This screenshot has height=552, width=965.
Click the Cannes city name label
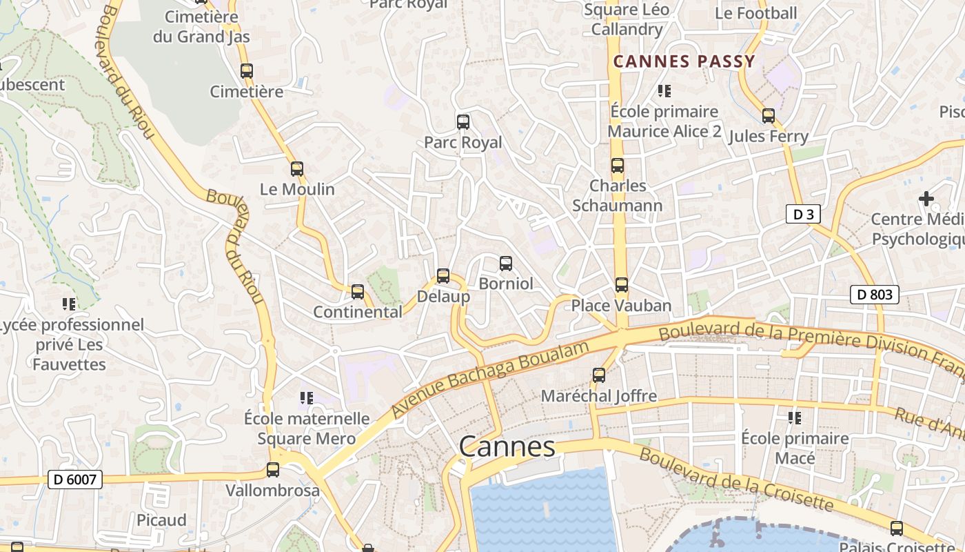point(507,446)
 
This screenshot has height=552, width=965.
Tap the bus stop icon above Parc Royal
point(463,122)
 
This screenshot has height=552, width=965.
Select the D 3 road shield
point(803,215)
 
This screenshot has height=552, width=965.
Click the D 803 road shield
point(874,295)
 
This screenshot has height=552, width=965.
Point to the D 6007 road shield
point(75,480)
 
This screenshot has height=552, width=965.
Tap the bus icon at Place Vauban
point(622,285)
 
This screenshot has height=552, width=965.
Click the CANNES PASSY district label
point(684,61)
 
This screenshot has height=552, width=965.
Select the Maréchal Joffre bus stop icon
point(599,375)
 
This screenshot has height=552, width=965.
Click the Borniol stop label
point(506,284)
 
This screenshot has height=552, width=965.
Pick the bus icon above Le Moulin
point(297,169)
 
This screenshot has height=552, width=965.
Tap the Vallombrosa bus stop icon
point(273,470)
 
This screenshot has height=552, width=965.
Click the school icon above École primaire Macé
point(795,418)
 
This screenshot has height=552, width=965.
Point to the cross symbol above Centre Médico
point(926,199)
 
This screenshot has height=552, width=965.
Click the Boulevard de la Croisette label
point(737,480)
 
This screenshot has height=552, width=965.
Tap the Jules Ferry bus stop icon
point(769,116)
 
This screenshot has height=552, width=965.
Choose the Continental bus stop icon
point(358,292)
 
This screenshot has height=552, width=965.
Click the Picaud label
point(161,520)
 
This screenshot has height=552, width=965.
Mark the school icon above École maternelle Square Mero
point(307,398)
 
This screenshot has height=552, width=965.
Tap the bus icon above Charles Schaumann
point(618,166)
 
